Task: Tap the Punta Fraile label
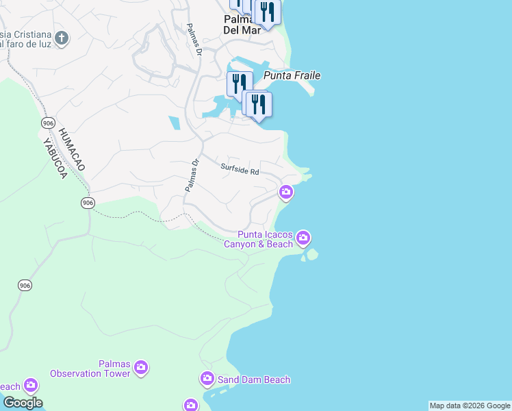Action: click(292, 76)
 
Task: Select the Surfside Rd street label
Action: click(240, 168)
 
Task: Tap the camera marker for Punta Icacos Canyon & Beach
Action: click(303, 238)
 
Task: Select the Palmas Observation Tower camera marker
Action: click(141, 368)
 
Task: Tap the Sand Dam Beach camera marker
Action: click(207, 379)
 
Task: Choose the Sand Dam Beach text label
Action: click(254, 379)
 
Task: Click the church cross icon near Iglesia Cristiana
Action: click(62, 38)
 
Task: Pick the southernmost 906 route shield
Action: click(25, 285)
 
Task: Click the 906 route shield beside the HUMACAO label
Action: click(47, 123)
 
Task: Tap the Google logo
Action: click(23, 403)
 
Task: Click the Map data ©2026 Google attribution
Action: click(470, 406)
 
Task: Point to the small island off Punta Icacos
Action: click(312, 256)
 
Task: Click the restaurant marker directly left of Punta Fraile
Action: click(239, 84)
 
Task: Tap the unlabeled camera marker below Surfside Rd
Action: click(286, 193)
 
